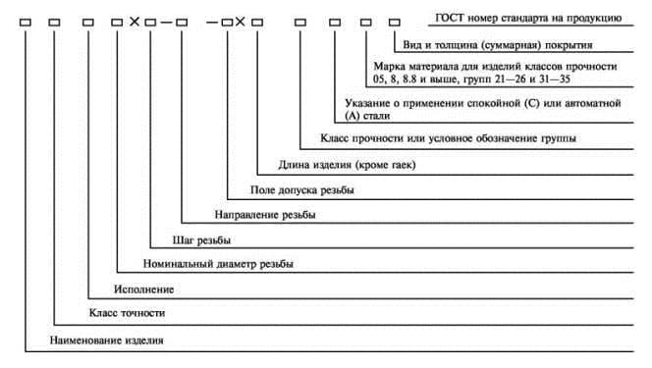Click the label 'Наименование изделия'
tap(106, 340)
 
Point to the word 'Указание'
tap(370, 102)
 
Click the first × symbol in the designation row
tap(134, 21)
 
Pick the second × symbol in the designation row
tap(241, 21)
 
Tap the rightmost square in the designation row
tap(396, 21)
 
